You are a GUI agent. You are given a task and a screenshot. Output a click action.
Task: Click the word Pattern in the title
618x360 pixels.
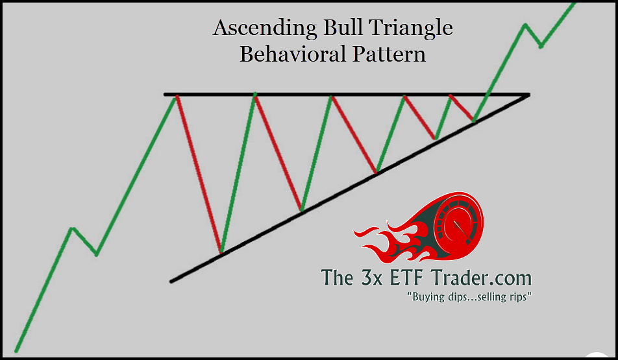[x=389, y=54]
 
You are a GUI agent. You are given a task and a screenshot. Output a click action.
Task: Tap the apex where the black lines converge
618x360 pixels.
[x=528, y=95]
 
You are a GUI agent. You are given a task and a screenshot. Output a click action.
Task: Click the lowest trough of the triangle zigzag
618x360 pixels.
[x=221, y=251]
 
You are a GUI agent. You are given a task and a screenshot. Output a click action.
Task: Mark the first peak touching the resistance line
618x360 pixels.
[x=176, y=96]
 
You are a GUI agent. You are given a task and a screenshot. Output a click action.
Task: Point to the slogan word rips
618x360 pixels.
[x=519, y=296]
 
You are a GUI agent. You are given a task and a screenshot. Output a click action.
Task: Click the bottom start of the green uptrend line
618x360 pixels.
[x=16, y=350]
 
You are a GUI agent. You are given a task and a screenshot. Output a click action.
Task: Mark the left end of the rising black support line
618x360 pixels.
[x=171, y=282]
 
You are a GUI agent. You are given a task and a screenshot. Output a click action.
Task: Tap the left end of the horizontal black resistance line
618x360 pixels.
[x=166, y=95]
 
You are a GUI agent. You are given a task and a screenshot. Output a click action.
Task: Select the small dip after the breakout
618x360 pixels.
[x=541, y=47]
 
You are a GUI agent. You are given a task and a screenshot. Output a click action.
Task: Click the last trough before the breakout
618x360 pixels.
[x=474, y=120]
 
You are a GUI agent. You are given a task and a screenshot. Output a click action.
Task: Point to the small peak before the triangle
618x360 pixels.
[x=71, y=228]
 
